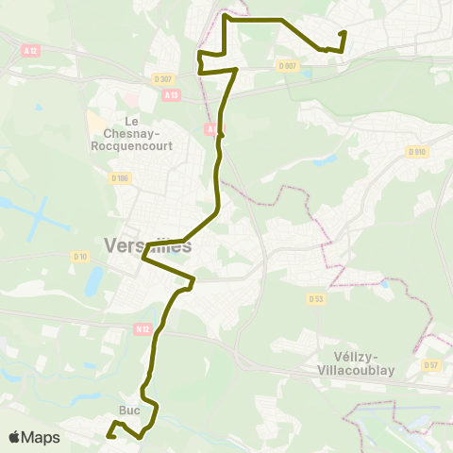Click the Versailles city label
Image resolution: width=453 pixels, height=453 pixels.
[x=147, y=245]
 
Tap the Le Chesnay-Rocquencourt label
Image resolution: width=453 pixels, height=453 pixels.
[x=132, y=133]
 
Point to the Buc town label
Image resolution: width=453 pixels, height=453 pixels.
[x=129, y=411]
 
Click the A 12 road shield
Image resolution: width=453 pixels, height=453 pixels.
[x=33, y=49]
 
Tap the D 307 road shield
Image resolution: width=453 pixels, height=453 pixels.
[x=162, y=79]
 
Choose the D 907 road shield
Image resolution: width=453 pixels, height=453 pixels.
[x=288, y=65]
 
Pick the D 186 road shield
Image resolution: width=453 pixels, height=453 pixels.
[x=119, y=177]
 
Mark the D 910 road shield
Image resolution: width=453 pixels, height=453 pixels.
[x=416, y=151]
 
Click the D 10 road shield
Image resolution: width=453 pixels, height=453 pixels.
[x=81, y=256]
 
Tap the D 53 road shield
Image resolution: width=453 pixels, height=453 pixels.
[x=316, y=298]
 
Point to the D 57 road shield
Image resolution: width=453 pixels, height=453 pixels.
[x=431, y=364]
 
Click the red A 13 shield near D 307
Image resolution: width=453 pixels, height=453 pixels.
[x=171, y=94]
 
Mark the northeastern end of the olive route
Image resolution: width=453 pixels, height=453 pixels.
[x=344, y=33]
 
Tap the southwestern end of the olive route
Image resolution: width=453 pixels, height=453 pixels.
[x=108, y=437]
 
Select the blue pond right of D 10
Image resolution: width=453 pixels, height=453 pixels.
[x=94, y=281]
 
